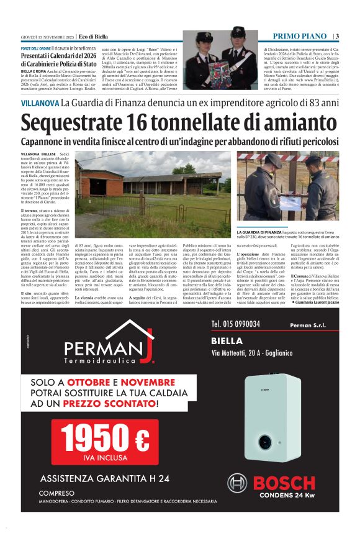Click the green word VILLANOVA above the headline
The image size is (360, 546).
click(x=39, y=102)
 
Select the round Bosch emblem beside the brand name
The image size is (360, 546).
click(x=236, y=483)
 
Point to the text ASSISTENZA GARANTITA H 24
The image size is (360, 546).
click(x=104, y=478)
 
